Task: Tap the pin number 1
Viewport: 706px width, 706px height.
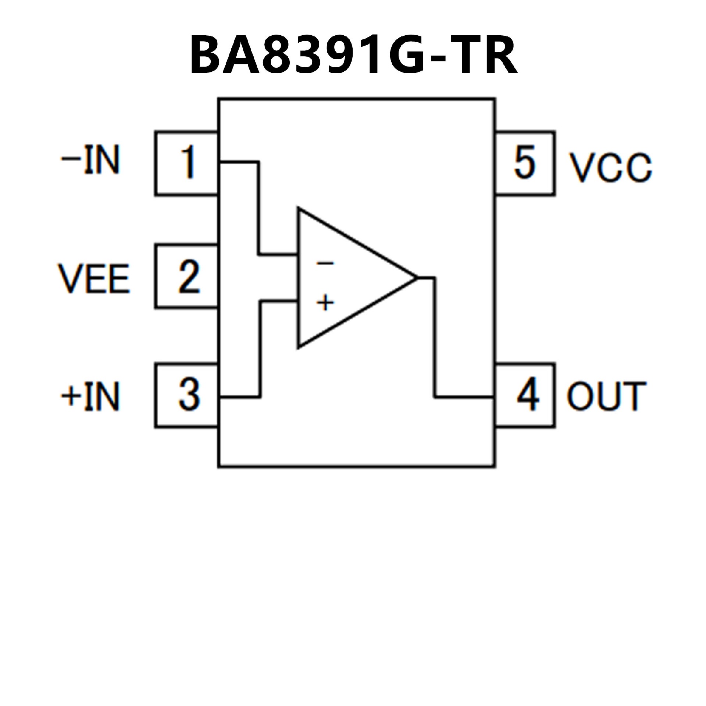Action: (x=188, y=162)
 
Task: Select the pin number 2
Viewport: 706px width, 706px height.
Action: (x=189, y=277)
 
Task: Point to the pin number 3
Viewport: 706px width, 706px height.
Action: (x=189, y=394)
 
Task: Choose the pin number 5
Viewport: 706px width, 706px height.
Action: (x=524, y=162)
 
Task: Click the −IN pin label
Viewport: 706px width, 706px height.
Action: (x=90, y=160)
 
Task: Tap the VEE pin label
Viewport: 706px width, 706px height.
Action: (x=94, y=278)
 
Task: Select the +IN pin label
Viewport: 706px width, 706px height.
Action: (x=90, y=396)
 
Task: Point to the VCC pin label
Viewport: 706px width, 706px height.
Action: (x=610, y=167)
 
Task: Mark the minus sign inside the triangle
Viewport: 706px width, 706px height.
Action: (x=325, y=263)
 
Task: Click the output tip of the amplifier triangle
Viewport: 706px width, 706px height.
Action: (x=416, y=277)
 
